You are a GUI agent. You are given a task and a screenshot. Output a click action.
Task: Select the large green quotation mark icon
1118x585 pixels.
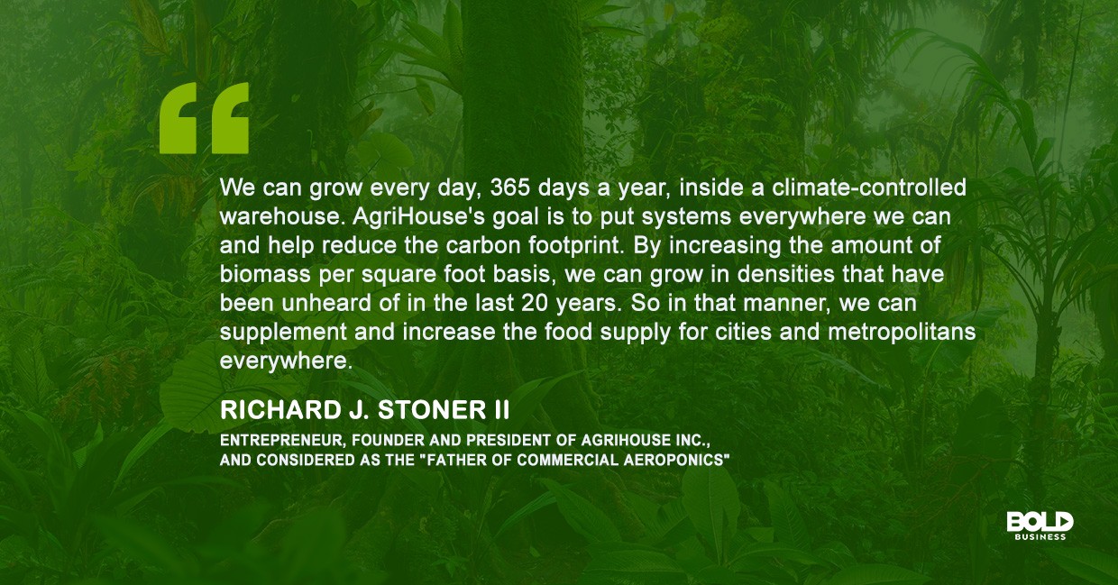204,118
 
